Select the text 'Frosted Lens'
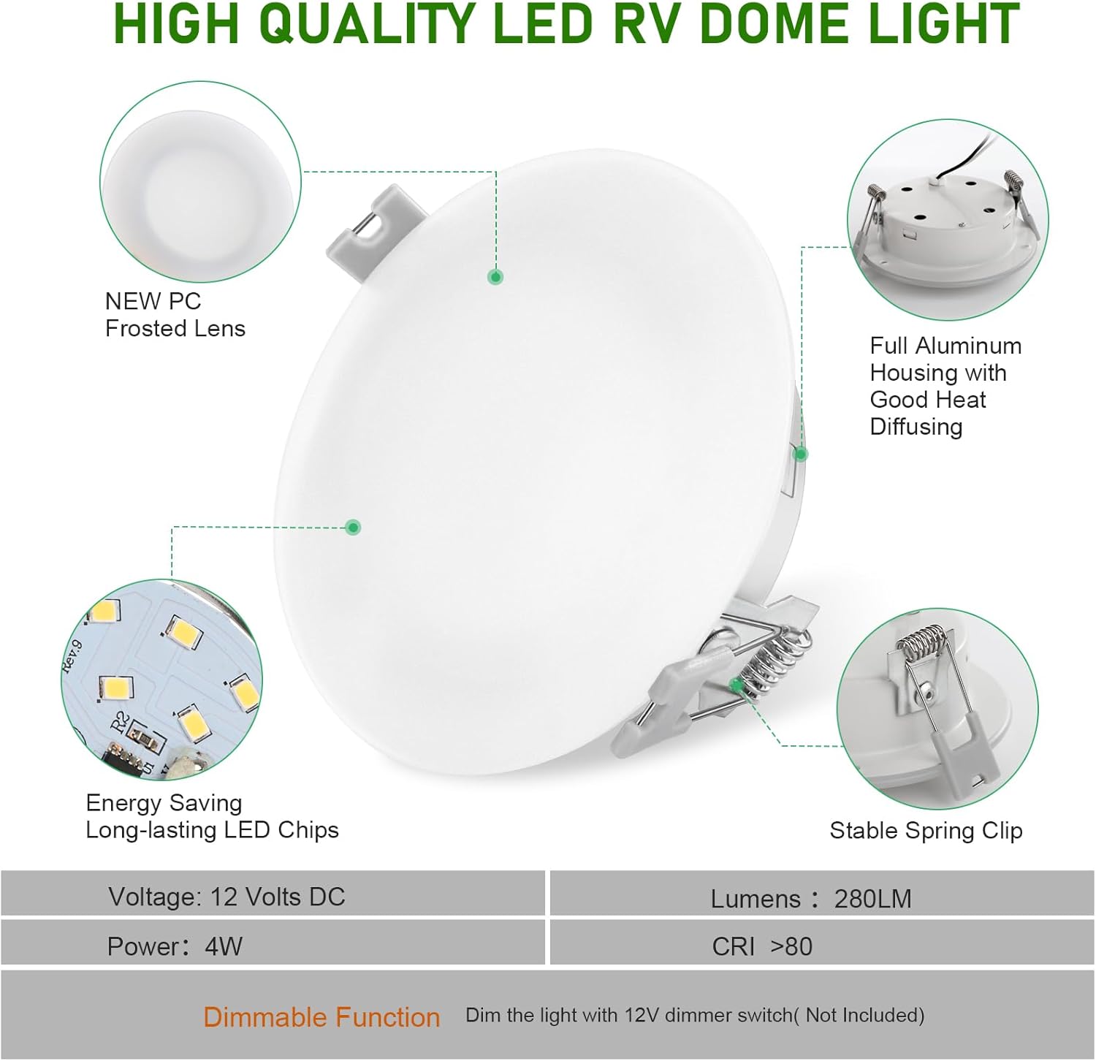[175, 329]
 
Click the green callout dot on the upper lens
[495, 277]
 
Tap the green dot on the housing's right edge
[801, 454]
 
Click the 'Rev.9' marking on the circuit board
[72, 653]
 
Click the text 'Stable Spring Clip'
[926, 831]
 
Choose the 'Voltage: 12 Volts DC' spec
[227, 897]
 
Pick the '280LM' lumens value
[872, 899]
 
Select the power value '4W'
[224, 946]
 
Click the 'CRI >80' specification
[761, 946]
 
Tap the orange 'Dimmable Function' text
[321, 1017]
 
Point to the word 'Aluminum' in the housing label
[972, 346]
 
